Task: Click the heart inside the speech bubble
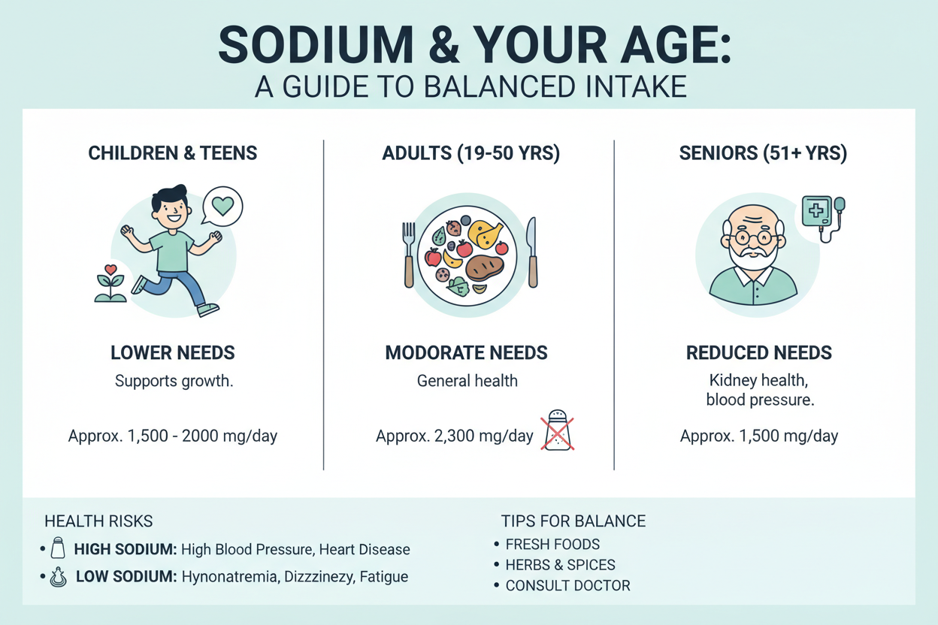[x=222, y=206]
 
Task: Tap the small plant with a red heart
[x=110, y=283]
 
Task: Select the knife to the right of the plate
[x=532, y=252]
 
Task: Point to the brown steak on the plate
[x=485, y=268]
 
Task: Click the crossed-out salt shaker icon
[x=558, y=430]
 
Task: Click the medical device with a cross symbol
[x=823, y=218]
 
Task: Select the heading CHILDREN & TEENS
[x=173, y=153]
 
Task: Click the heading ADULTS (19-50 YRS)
[x=471, y=153]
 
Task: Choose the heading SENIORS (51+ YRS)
[x=763, y=153]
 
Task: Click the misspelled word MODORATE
[x=434, y=353]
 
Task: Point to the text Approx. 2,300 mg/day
[x=454, y=436]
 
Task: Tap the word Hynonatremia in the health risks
[x=230, y=577]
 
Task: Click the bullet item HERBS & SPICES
[x=560, y=565]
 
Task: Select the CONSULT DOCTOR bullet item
[x=567, y=586]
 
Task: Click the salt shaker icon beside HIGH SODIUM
[x=58, y=548]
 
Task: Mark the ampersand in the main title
[x=444, y=45]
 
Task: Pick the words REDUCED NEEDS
[x=759, y=353]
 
